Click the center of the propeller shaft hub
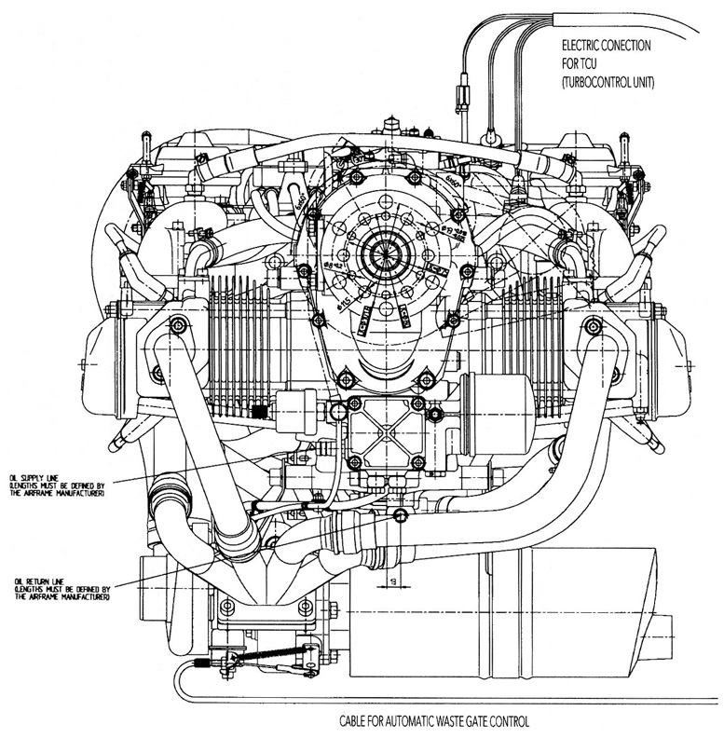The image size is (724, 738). [384, 253]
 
